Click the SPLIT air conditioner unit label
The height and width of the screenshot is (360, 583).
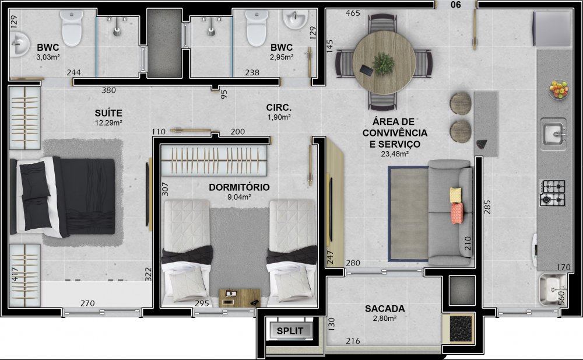[x=290, y=331]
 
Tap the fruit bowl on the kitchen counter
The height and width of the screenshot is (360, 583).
[x=559, y=90]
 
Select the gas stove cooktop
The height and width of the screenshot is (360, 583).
[x=553, y=193]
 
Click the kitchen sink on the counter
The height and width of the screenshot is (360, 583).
[x=554, y=134]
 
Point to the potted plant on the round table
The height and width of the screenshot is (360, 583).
[x=384, y=64]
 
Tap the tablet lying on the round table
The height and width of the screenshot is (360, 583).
[x=367, y=69]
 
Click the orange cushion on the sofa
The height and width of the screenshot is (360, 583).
[x=457, y=214]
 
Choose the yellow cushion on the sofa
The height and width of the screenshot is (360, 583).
[x=455, y=195]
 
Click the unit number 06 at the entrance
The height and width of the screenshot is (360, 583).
[x=456, y=5]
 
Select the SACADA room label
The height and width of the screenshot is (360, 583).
[x=385, y=309]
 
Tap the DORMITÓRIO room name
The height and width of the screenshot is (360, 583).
[x=239, y=187]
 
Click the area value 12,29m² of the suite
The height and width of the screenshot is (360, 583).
[x=108, y=123]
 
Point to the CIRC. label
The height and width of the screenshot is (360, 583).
[x=279, y=107]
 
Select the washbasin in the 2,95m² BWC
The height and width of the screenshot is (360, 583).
[x=295, y=19]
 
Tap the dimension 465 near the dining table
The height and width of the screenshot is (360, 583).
[x=353, y=13]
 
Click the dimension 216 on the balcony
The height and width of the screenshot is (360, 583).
[x=353, y=341]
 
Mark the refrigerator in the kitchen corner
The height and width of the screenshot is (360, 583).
[x=552, y=29]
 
